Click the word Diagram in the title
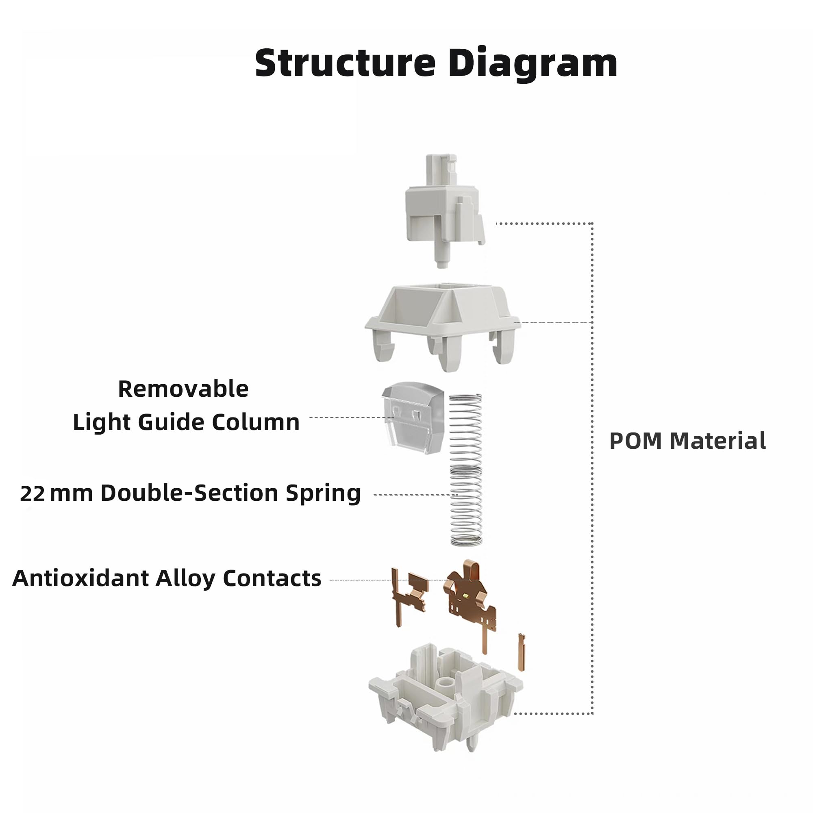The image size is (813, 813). (533, 63)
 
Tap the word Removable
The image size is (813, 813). (183, 389)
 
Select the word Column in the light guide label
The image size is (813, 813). (256, 422)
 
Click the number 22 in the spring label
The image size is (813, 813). (33, 493)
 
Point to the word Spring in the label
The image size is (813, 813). (323, 493)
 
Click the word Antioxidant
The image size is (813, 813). (80, 578)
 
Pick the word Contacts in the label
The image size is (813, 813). (272, 578)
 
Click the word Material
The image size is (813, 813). (717, 441)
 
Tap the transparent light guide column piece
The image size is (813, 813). (413, 417)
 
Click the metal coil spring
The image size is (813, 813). (466, 470)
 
